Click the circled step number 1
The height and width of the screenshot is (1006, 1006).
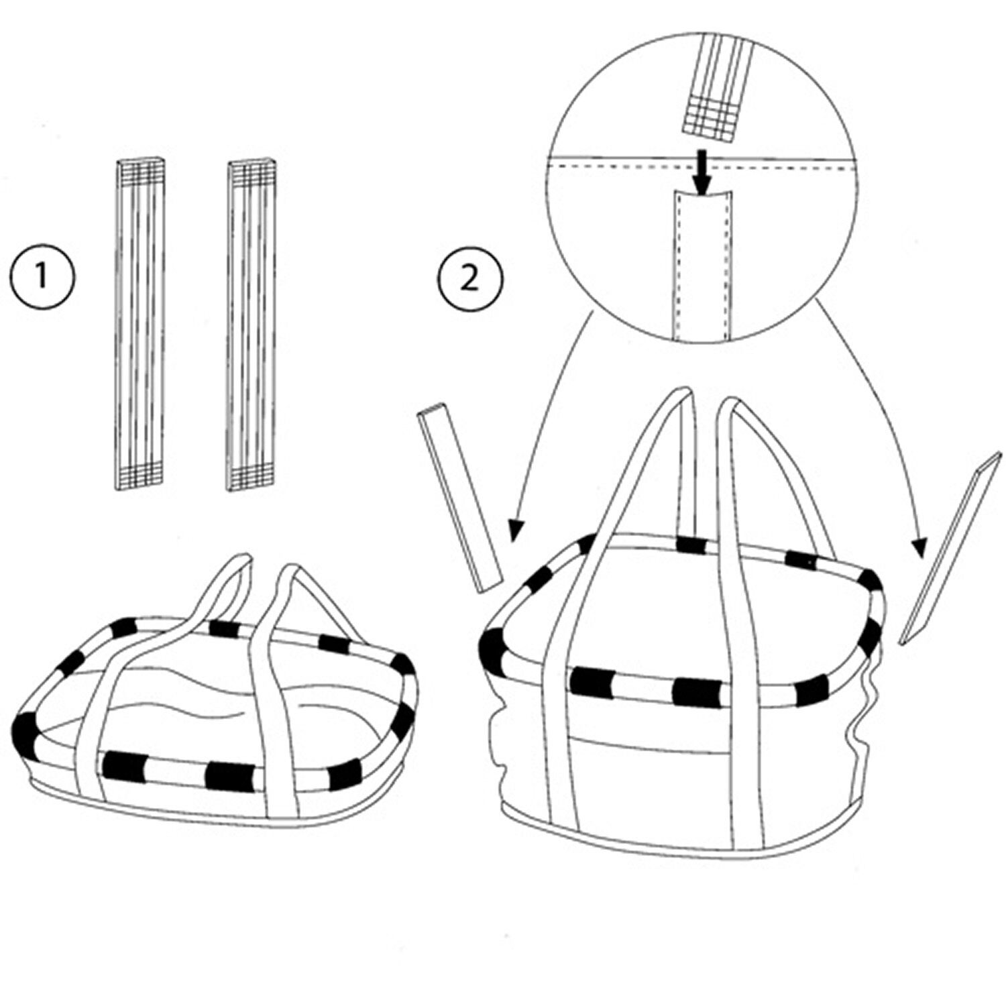[42, 276]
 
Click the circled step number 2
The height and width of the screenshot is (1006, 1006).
[469, 278]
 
